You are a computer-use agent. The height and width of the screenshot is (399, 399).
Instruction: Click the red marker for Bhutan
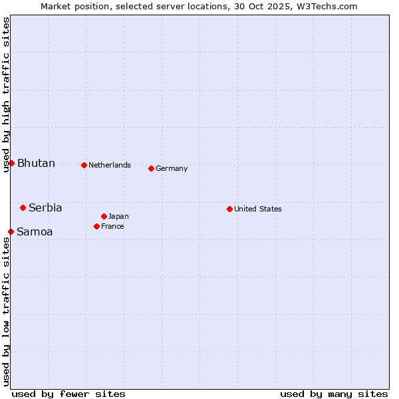[x=11, y=163]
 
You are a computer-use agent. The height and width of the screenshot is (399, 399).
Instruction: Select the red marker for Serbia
[x=23, y=207]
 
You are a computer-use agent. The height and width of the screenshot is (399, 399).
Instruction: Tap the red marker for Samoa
[x=11, y=231]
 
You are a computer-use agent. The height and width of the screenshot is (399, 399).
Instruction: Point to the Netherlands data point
[x=84, y=165]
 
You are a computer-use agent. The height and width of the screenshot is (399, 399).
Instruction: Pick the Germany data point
[x=151, y=168]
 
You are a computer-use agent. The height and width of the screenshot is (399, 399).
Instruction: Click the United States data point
[x=229, y=209]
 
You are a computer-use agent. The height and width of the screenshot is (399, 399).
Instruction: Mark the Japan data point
[x=104, y=216]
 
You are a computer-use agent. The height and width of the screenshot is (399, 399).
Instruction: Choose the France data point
[x=96, y=226]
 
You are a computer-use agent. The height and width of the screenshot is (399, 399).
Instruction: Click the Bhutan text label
[x=36, y=164]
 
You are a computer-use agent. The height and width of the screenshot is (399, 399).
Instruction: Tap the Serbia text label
[x=45, y=208]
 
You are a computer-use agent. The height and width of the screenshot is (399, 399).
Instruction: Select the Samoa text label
[x=35, y=232]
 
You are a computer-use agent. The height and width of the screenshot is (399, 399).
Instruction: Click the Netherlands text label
[x=110, y=165]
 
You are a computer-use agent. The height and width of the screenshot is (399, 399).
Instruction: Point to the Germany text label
[x=172, y=168]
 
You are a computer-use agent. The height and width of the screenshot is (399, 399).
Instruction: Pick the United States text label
[x=258, y=209]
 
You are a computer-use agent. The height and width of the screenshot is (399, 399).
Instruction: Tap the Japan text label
[x=118, y=216]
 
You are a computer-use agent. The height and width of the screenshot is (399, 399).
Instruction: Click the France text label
[x=112, y=226]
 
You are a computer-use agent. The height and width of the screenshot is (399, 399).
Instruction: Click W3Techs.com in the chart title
[x=327, y=6]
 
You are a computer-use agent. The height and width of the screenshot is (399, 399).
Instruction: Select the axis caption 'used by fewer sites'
[x=68, y=394]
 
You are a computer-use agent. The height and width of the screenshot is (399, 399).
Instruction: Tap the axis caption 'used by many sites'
[x=334, y=394]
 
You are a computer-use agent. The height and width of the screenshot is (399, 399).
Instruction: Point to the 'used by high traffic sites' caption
[x=6, y=94]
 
